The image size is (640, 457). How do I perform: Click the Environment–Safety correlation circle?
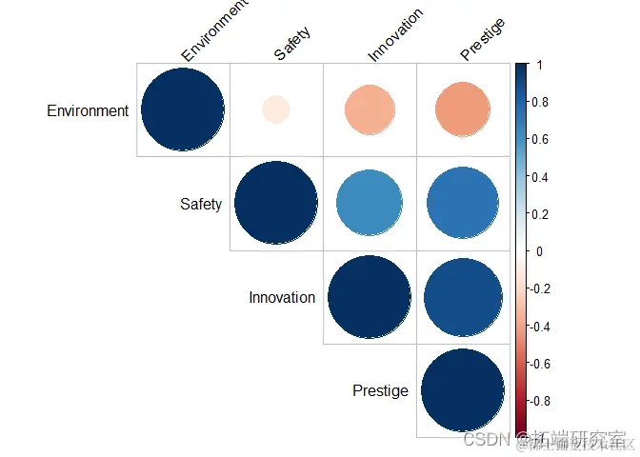coord(276,109)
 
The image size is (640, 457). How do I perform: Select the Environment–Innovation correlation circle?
coord(370,109)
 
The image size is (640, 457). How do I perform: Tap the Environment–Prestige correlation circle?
coord(462,109)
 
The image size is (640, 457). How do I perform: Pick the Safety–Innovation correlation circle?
coord(370,203)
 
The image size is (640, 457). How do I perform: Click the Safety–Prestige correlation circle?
coord(462,203)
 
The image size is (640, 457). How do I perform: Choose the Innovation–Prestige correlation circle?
coord(462,296)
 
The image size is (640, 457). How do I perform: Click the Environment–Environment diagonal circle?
coord(183,109)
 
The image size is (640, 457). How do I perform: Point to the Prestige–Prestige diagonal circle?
coord(462,389)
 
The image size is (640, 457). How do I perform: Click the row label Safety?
coord(201,204)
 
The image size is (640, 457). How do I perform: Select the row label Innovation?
coord(282,297)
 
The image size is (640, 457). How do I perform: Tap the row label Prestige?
coord(380,390)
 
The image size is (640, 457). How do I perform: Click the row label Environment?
coord(88,110)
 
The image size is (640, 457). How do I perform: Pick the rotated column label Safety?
coord(291,44)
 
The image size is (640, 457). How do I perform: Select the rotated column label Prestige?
coord(482,39)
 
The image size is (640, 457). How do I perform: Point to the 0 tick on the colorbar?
coord(539,251)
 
